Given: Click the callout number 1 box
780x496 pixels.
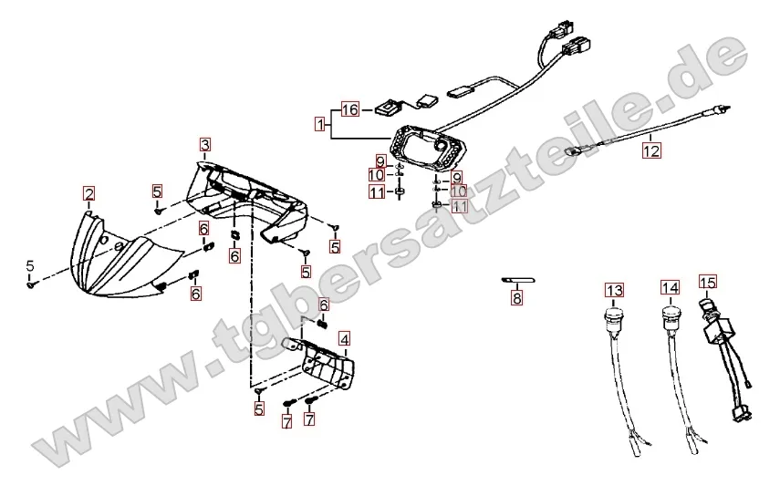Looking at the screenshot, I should (320, 124).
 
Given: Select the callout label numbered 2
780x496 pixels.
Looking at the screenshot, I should (88, 193).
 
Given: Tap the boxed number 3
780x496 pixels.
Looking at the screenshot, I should (205, 145).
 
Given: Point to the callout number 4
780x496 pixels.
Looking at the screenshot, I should (344, 339).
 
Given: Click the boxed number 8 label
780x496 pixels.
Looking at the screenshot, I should (517, 297).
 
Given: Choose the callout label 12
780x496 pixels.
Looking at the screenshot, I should (650, 152).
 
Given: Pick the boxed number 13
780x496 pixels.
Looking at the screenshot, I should (615, 290).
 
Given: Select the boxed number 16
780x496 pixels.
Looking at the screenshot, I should (350, 110).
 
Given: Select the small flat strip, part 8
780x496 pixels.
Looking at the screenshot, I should (517, 280).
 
